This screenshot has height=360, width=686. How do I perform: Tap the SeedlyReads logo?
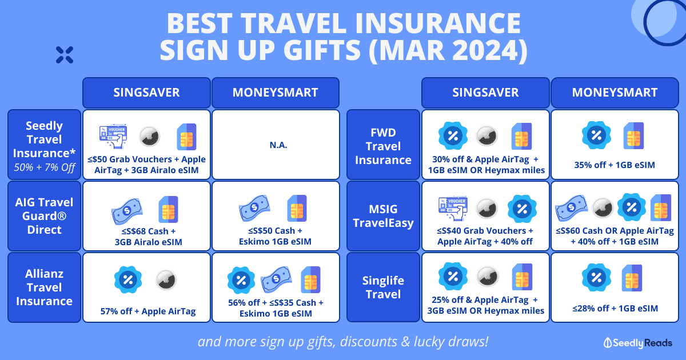pyautogui.click(x=637, y=343)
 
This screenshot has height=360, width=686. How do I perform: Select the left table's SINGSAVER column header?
pyautogui.click(x=146, y=93)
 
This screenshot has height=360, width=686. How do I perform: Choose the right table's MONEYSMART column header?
pyautogui.click(x=615, y=93)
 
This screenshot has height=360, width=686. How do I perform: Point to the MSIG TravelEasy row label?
pyautogui.click(x=383, y=216)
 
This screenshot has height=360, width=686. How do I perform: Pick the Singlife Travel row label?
pyautogui.click(x=383, y=287)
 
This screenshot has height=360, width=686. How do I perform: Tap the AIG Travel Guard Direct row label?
pyautogui.click(x=45, y=216)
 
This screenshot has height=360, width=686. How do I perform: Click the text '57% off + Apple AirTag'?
pyautogui.click(x=148, y=311)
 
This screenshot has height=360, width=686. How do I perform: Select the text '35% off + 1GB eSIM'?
pyautogui.click(x=615, y=165)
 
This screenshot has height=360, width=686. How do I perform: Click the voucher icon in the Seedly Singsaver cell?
pyautogui.click(x=113, y=136)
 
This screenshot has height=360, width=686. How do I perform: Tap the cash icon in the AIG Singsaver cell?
pyautogui.click(x=127, y=211)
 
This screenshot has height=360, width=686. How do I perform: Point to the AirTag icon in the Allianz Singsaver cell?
pyautogui.click(x=166, y=279)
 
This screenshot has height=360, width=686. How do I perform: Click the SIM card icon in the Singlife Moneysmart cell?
pyautogui.click(x=632, y=278)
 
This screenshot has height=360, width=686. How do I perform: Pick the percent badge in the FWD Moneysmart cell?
pyautogui.click(x=596, y=135)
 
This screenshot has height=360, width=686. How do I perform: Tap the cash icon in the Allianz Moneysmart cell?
pyautogui.click(x=276, y=279)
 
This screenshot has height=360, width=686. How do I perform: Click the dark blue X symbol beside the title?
pyautogui.click(x=65, y=55)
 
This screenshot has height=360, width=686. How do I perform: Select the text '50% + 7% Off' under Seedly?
pyautogui.click(x=45, y=167)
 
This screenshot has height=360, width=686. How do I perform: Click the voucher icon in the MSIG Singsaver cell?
pyautogui.click(x=453, y=208)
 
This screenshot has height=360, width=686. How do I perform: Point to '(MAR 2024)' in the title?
pyautogui.click(x=448, y=50)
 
